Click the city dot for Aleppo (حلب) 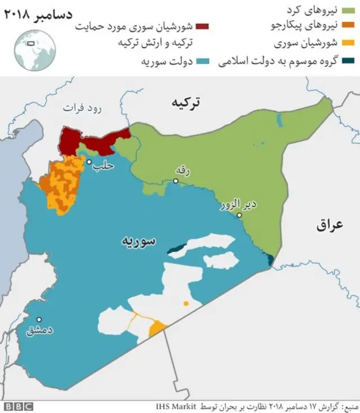[x=89, y=162]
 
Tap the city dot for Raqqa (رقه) [x=176, y=181]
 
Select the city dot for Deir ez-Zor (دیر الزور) [x=239, y=215]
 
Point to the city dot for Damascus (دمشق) [x=39, y=319]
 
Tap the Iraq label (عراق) [x=329, y=225]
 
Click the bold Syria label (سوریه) [x=138, y=241]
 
